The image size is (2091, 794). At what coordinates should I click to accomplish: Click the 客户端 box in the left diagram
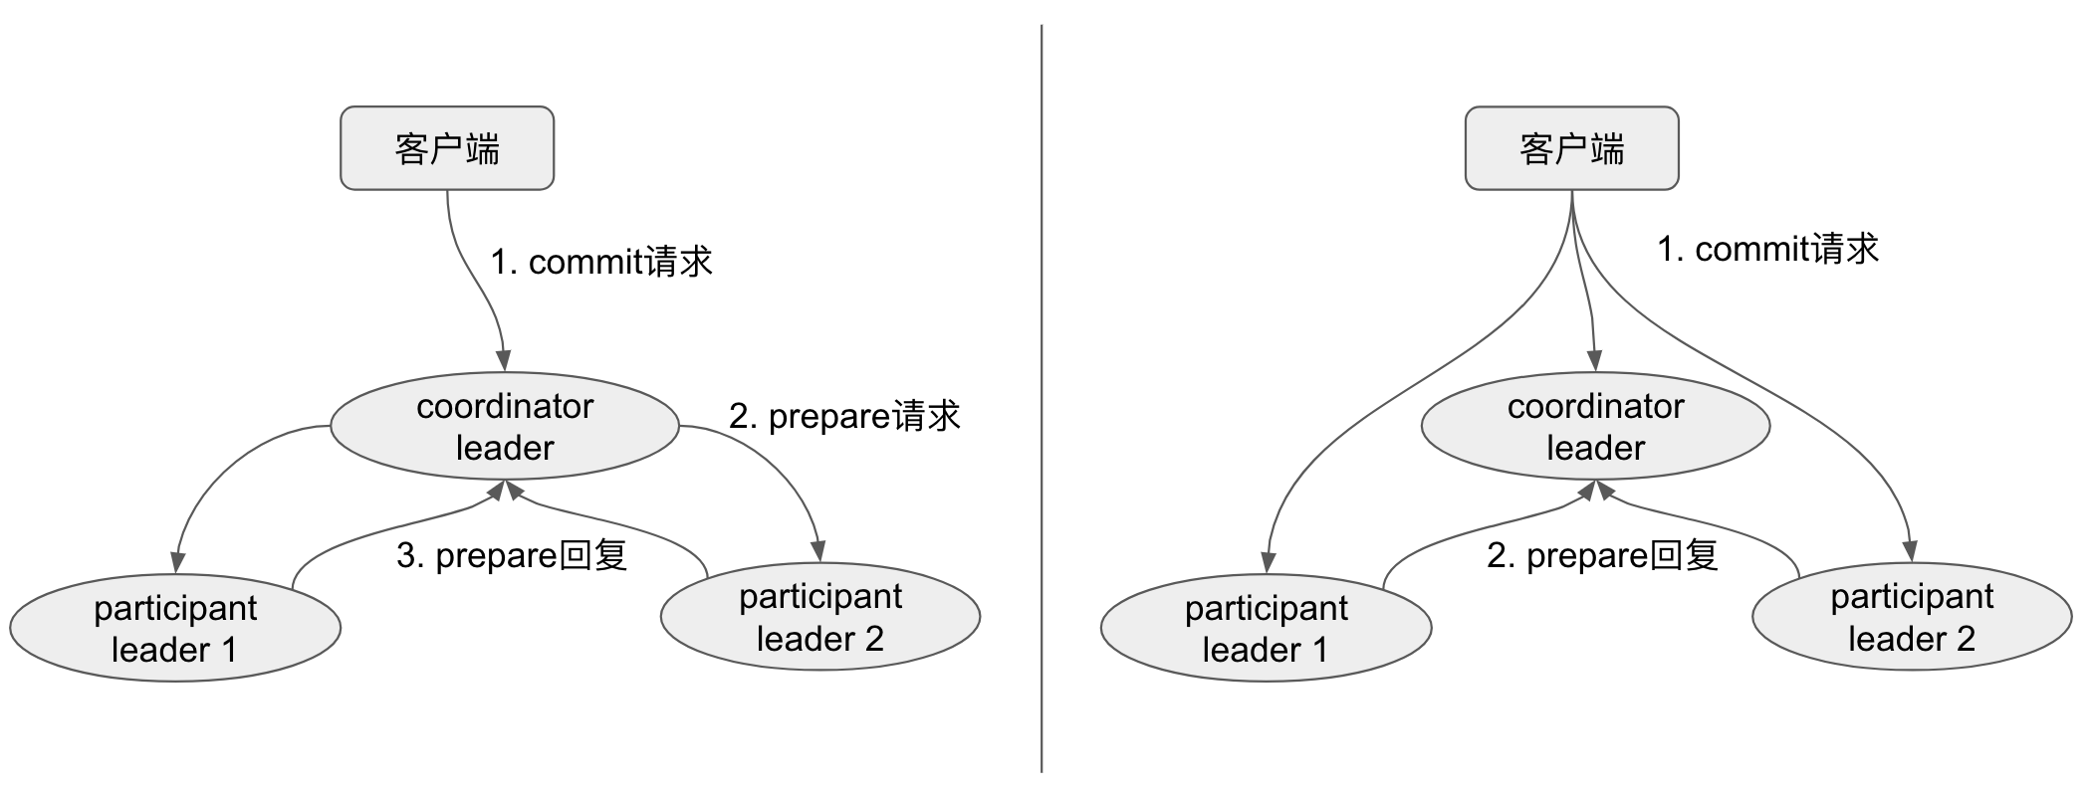click(x=447, y=148)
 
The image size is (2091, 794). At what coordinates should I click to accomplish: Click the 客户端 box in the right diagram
click(x=1571, y=148)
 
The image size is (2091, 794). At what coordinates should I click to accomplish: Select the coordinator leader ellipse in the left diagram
click(x=504, y=427)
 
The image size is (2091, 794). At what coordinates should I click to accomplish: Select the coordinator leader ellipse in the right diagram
click(x=1595, y=427)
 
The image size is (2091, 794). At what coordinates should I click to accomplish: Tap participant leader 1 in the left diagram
click(x=175, y=628)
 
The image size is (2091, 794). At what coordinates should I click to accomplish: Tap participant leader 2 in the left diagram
click(x=820, y=617)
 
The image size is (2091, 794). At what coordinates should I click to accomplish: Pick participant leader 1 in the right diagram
click(x=1266, y=628)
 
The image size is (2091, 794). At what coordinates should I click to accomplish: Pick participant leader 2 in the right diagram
click(x=1912, y=617)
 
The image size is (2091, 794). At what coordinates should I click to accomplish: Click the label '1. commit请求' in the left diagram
click(x=601, y=262)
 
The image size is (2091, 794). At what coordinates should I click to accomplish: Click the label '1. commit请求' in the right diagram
click(x=1767, y=249)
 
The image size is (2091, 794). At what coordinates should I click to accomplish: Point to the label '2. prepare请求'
click(x=844, y=416)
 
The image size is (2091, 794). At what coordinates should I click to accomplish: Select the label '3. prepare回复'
click(x=512, y=555)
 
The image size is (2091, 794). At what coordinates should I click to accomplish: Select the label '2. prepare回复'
click(x=1602, y=555)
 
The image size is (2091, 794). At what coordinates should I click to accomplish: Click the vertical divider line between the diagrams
click(x=1042, y=398)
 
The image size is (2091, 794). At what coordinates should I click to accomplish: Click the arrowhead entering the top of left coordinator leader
click(x=504, y=360)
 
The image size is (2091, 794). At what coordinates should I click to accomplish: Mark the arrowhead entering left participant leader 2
click(x=818, y=550)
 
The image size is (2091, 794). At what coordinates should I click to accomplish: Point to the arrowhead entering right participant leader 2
click(x=1910, y=550)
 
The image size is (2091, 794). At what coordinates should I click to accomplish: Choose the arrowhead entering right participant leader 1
click(x=1269, y=561)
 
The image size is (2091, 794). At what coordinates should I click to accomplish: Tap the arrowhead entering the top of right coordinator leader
click(x=1595, y=360)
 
